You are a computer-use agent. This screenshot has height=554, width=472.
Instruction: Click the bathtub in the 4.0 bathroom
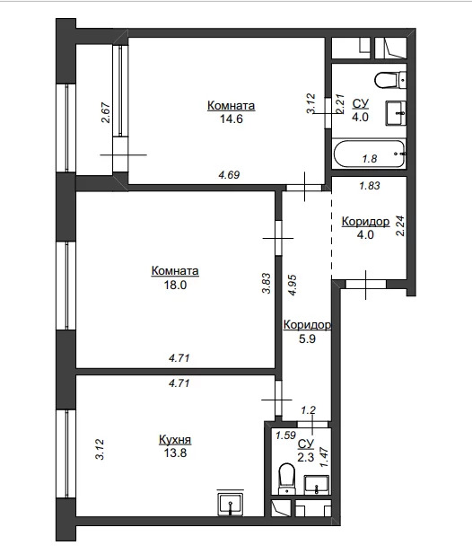[x=370, y=154]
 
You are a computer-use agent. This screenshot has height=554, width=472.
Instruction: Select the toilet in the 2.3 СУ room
[x=286, y=479]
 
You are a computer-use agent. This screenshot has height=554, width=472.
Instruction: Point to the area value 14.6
[x=232, y=119]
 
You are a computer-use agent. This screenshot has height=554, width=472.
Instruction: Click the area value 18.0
[x=175, y=285]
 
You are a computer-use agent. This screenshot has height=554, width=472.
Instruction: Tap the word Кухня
[x=175, y=440]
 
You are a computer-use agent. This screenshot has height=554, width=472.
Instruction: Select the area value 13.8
[x=175, y=453]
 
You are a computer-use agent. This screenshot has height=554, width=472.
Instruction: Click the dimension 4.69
[x=229, y=175]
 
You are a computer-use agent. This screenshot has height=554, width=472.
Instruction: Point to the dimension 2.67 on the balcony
[x=106, y=112]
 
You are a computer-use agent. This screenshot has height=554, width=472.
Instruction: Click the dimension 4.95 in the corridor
[x=293, y=285]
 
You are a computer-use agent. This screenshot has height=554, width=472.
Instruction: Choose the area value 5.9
[x=307, y=339]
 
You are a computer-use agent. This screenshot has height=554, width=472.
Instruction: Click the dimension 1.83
[x=370, y=186]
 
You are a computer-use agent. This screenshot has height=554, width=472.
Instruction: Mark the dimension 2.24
[x=401, y=226]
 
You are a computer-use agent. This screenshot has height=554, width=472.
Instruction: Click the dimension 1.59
[x=285, y=435]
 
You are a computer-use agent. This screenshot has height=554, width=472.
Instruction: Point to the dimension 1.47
[x=324, y=458]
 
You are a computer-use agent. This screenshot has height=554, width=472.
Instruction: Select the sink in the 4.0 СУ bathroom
[x=396, y=113]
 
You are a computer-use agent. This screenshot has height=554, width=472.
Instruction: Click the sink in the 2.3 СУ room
[x=317, y=485]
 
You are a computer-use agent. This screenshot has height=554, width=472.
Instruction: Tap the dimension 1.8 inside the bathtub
[x=370, y=159]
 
